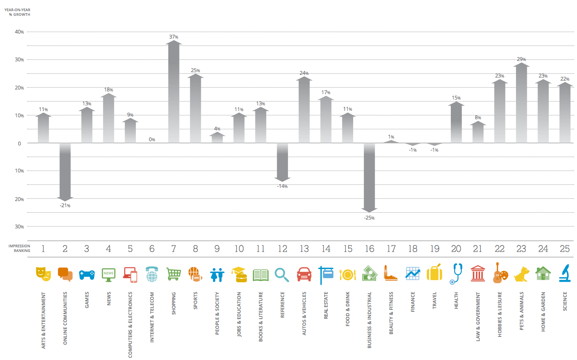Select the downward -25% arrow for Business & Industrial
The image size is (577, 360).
[x=369, y=177]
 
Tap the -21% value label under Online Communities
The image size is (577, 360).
[x=65, y=206]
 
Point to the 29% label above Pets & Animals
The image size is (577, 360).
[x=521, y=59]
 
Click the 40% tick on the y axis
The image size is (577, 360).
[x=19, y=32]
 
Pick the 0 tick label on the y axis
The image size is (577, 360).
[x=20, y=144]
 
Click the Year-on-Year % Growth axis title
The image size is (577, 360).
[x=17, y=12]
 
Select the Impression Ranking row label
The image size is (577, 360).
[x=19, y=248]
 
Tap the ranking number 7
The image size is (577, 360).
[x=174, y=249]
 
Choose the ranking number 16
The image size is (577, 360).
[x=369, y=249]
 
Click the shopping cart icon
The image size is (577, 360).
[x=174, y=274]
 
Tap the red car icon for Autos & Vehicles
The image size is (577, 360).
[x=304, y=274]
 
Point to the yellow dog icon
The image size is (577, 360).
[x=521, y=274]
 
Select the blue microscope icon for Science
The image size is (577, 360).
[x=565, y=273]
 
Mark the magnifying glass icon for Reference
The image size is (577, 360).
[x=282, y=275]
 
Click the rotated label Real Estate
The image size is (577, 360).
[x=326, y=305]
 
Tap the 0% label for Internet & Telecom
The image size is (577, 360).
[x=152, y=140]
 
